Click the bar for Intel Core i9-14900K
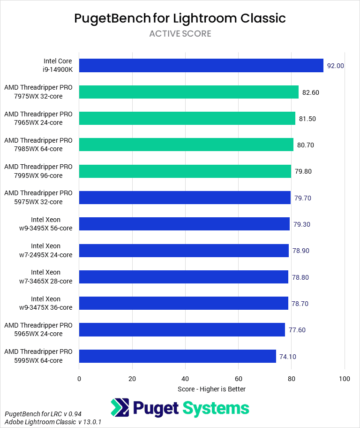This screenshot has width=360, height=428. point(201,66)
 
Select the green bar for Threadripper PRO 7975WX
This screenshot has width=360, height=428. point(189,92)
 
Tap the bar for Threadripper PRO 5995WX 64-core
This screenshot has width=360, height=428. point(178,356)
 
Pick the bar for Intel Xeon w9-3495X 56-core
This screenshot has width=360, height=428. point(184,224)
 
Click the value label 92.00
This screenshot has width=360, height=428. point(336,66)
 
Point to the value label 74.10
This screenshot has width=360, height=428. point(287,357)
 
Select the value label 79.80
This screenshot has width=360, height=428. point(303,171)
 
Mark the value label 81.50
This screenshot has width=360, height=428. point(307,119)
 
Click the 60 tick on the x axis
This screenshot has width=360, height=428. point(239,379)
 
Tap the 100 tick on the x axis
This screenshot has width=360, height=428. point(345,379)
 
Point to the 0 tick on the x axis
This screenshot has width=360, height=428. point(79,379)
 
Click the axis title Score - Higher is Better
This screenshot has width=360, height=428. point(211,389)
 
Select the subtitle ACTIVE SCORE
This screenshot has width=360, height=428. point(180,34)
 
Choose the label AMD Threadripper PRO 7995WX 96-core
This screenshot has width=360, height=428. point(38,171)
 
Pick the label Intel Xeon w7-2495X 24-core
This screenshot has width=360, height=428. point(46,251)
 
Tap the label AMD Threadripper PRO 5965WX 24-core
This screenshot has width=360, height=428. point(38,330)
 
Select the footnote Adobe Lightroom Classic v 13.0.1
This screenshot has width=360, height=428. point(53,422)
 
